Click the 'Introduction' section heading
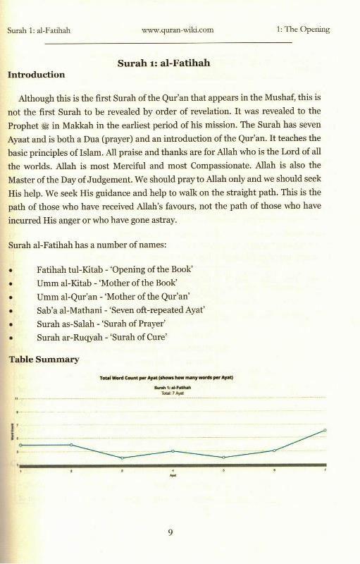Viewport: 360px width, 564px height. (36, 75)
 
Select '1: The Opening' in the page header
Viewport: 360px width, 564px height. (304, 30)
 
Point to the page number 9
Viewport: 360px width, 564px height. (170, 532)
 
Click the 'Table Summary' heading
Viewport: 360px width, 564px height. (43, 360)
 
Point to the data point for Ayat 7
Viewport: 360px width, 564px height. (325, 429)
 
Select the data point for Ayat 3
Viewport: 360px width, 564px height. (122, 458)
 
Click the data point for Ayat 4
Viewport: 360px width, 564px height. (173, 450)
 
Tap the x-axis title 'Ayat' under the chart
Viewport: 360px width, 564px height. (173, 476)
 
